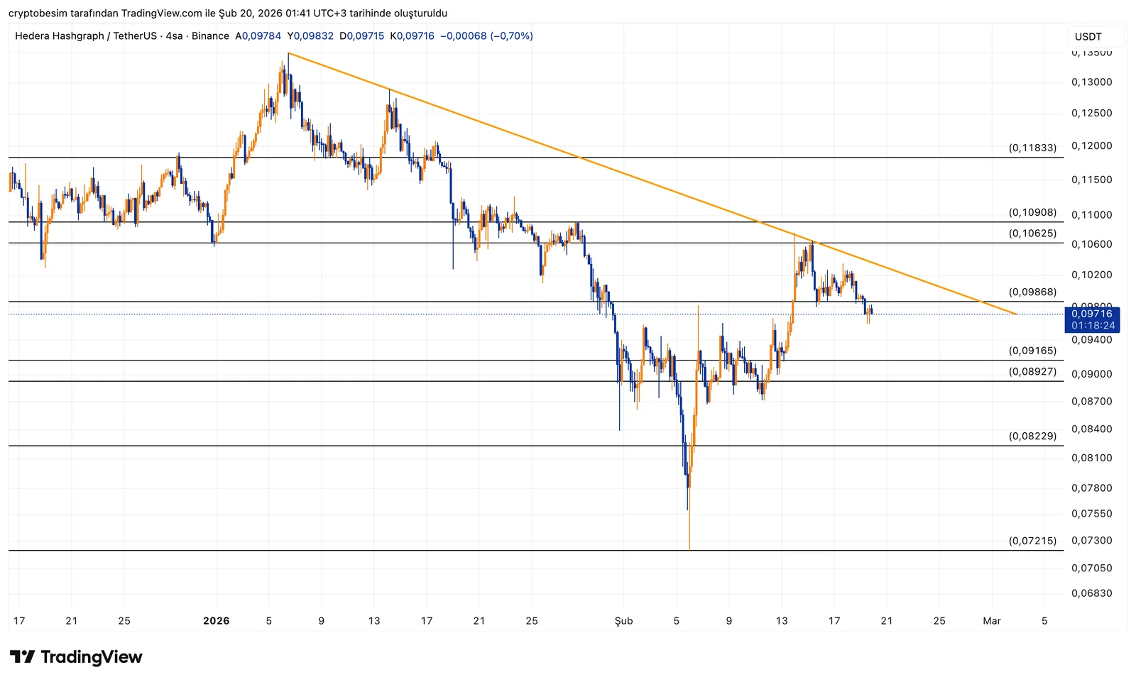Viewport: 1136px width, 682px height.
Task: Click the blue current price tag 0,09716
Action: (1092, 314)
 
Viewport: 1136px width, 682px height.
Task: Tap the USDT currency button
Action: (1088, 36)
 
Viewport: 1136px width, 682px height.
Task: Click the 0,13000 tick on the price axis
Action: (1091, 82)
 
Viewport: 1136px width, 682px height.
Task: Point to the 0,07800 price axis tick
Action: (1091, 488)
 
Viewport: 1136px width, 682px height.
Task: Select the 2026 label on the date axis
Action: (216, 621)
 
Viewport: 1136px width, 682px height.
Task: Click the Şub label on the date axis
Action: (623, 621)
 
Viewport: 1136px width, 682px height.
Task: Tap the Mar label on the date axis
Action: (991, 621)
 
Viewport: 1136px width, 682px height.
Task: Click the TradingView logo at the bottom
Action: (76, 657)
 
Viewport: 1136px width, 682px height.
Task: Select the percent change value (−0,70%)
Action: (510, 36)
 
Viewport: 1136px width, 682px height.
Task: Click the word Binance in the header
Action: (210, 36)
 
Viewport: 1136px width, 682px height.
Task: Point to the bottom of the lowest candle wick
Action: (689, 549)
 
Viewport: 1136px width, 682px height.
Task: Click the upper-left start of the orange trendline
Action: (288, 53)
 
